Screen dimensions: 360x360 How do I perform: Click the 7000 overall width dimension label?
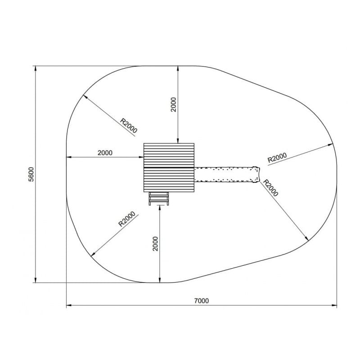click(202, 301)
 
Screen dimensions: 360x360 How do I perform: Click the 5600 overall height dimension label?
click(31, 174)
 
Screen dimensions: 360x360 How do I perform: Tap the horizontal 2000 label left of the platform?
click(105, 153)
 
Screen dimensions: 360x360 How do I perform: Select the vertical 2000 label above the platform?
click(174, 104)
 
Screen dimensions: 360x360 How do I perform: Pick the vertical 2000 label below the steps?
click(156, 243)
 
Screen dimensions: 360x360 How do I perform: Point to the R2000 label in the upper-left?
click(129, 126)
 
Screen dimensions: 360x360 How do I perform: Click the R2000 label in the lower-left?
click(127, 219)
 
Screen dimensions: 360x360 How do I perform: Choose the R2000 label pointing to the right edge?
click(277, 157)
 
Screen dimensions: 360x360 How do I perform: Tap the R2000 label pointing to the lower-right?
click(270, 188)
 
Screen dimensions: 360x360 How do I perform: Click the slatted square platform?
click(169, 167)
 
